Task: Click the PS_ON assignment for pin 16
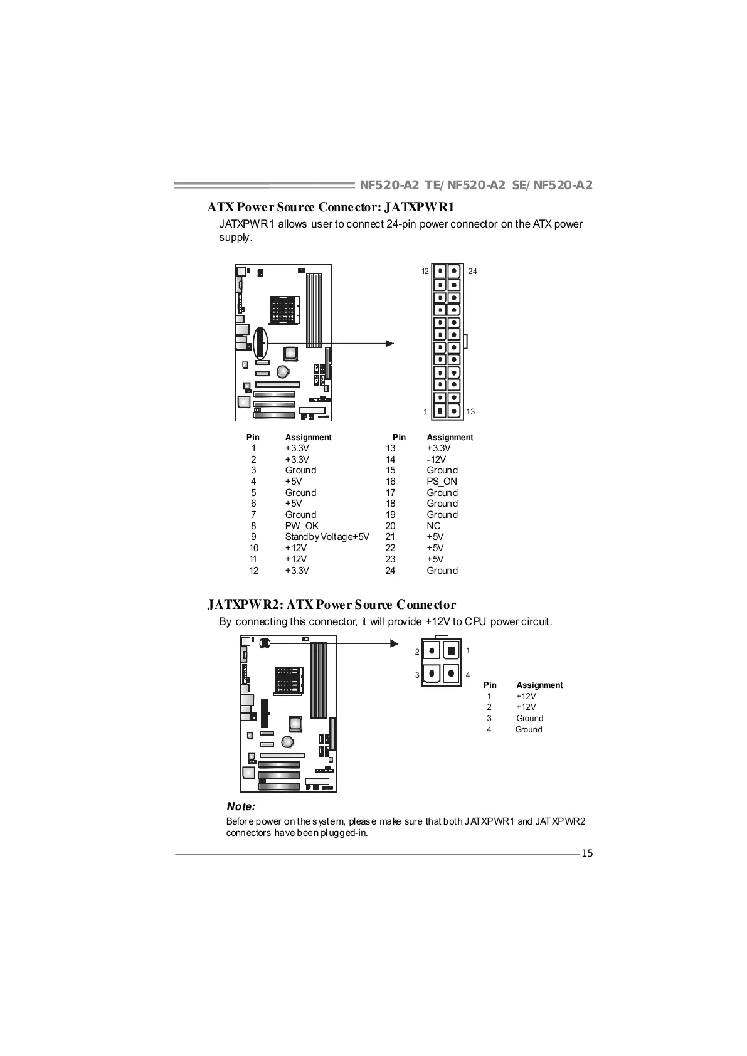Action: (x=442, y=482)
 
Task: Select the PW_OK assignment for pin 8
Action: (x=302, y=526)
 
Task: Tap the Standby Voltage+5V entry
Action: (x=327, y=537)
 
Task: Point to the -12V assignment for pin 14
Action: (x=436, y=460)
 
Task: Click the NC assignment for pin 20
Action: (x=433, y=526)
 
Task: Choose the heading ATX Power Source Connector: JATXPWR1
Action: (x=331, y=207)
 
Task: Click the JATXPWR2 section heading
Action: (x=331, y=605)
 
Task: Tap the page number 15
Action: (x=587, y=853)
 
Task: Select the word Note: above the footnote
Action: (x=241, y=806)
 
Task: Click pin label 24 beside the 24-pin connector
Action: (x=472, y=272)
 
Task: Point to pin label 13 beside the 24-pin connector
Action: (x=470, y=412)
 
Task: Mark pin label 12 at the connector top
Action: (x=425, y=272)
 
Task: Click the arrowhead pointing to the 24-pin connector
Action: (x=390, y=344)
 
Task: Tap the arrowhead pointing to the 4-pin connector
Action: (x=395, y=643)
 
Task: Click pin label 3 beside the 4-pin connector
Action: (x=417, y=675)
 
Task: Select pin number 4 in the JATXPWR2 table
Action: (x=489, y=729)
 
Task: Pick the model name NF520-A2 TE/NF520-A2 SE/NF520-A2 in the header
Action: (x=476, y=185)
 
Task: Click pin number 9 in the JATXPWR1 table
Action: (x=253, y=537)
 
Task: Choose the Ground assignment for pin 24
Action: (x=442, y=571)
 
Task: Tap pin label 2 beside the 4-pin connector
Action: (x=417, y=652)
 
